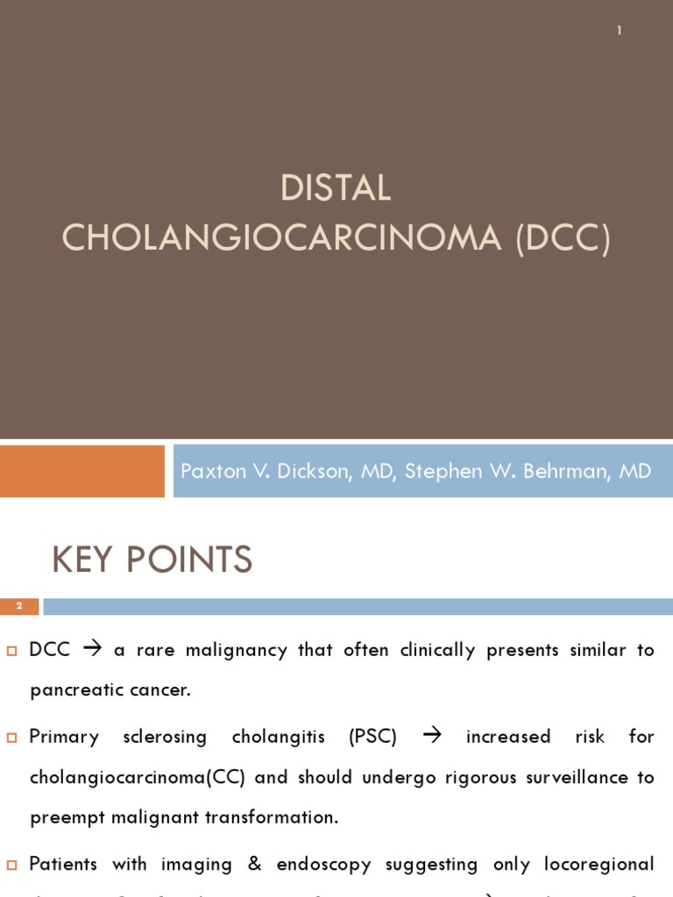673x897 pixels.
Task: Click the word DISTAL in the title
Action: (x=336, y=188)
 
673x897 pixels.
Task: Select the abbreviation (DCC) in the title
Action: (x=563, y=238)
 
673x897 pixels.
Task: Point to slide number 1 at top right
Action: (x=620, y=31)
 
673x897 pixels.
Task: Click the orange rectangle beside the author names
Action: (x=82, y=471)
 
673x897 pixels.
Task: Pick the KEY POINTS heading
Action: (x=152, y=560)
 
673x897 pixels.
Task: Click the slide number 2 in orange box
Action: (x=19, y=606)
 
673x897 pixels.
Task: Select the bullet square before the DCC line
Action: (x=12, y=651)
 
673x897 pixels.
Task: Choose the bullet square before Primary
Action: (x=12, y=738)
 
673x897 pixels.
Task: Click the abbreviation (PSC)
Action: (x=372, y=737)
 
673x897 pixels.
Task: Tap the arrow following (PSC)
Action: (x=432, y=737)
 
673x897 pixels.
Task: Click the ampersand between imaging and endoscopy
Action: (x=255, y=865)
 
